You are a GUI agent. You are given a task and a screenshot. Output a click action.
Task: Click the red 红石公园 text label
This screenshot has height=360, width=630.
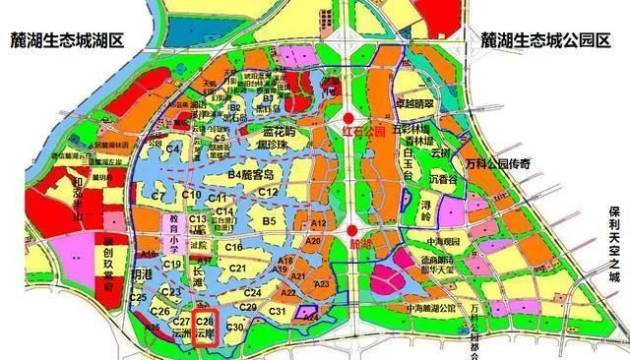[361, 129]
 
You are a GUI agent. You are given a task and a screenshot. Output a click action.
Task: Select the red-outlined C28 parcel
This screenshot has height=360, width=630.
[205, 328]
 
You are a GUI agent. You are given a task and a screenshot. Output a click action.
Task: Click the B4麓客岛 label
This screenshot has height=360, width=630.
[254, 174]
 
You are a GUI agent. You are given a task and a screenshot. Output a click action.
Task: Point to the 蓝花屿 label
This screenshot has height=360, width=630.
[279, 132]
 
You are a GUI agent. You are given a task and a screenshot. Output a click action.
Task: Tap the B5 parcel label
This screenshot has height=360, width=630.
[270, 223]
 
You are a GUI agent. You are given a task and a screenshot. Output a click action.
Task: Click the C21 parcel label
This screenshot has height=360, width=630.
[236, 268]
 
